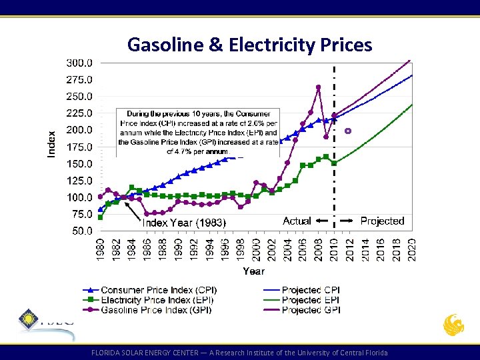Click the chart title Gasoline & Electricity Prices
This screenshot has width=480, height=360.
(249, 45)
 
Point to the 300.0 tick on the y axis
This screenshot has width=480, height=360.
(79, 63)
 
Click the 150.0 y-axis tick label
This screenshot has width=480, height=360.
(79, 164)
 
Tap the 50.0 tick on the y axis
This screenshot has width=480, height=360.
(81, 231)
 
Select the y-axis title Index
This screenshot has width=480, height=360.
(52, 144)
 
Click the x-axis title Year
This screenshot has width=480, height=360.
(253, 271)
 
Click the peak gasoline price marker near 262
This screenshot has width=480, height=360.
(318, 87)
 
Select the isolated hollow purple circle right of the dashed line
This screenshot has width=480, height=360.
(347, 131)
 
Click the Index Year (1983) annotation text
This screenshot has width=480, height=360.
(185, 222)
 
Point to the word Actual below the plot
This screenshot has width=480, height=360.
(297, 221)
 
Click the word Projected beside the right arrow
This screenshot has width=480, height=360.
(382, 221)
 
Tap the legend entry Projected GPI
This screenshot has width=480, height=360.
(311, 310)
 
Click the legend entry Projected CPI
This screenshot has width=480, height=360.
(311, 290)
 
